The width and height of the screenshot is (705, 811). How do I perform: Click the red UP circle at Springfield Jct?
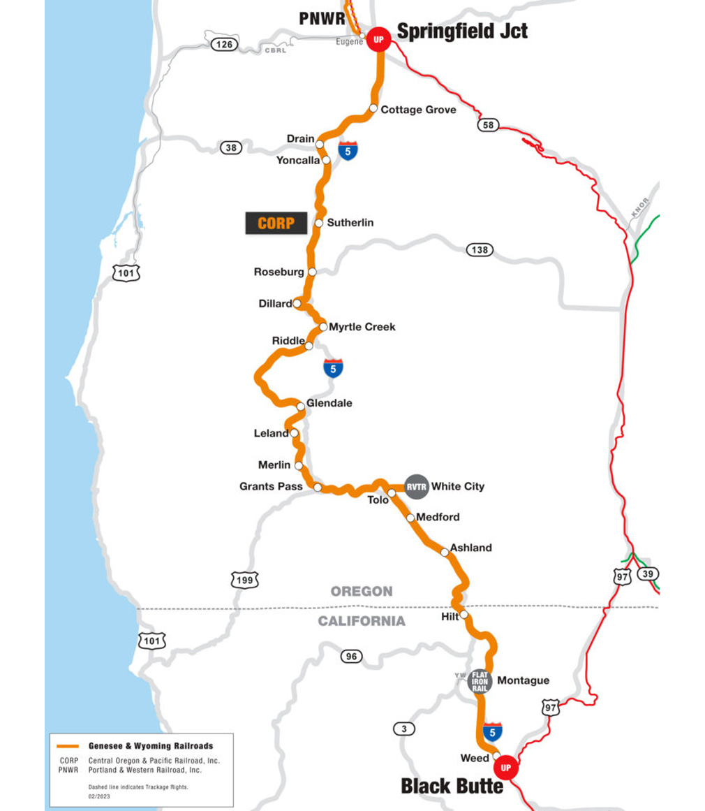[x=379, y=39]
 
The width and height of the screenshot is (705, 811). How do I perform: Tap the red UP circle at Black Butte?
[x=506, y=768]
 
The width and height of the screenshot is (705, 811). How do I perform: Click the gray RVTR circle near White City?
[x=417, y=487]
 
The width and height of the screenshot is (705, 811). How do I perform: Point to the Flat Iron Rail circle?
[x=480, y=681]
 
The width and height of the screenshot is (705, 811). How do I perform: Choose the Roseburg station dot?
[x=312, y=272]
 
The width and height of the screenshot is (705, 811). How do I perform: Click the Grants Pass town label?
[x=271, y=486]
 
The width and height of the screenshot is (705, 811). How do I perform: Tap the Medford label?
[x=438, y=518]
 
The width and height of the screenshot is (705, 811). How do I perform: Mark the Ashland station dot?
[x=445, y=552]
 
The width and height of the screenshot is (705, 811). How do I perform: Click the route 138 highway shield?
[x=480, y=249]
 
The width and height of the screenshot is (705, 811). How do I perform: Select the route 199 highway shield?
[x=245, y=580]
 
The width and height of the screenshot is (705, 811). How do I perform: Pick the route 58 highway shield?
[x=488, y=125]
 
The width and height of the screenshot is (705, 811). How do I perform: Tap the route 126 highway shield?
[x=225, y=45]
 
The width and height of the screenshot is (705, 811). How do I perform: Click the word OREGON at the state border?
[x=362, y=592]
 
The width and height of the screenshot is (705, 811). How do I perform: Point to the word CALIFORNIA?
[x=362, y=621]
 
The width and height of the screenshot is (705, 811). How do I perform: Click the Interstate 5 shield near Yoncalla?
[x=348, y=149]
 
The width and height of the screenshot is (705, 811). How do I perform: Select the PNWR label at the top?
[x=322, y=18]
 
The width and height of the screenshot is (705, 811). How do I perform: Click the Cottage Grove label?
[x=418, y=110]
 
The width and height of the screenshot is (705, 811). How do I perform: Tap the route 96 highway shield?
[x=352, y=656]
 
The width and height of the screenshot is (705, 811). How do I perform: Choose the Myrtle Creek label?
[x=362, y=326]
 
